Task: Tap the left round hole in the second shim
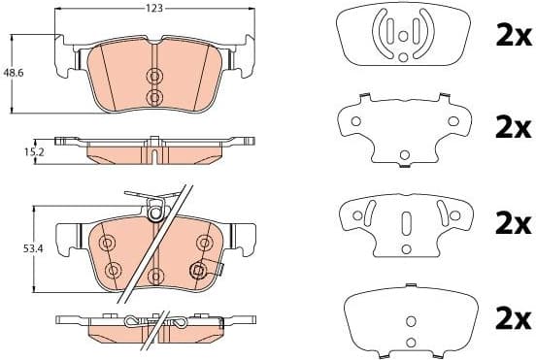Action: tap(356, 122)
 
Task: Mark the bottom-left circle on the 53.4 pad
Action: tap(113, 270)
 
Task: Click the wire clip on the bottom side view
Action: tap(155, 322)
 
